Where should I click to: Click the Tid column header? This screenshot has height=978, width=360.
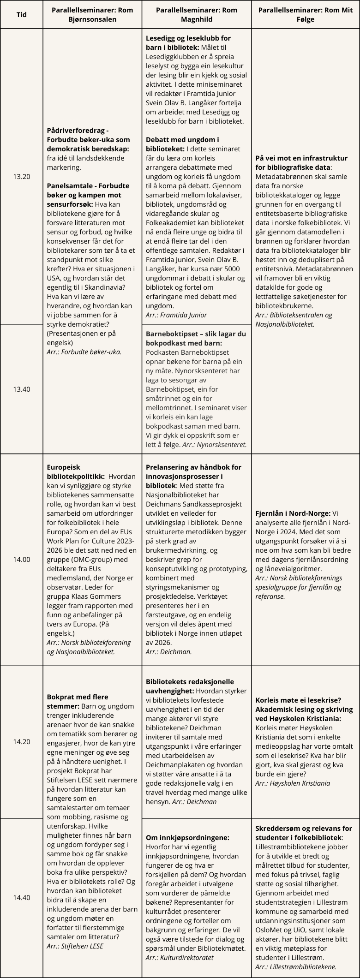click(21, 15)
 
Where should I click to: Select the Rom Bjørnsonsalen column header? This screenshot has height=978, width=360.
click(92, 15)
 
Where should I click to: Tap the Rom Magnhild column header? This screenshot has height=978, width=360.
click(197, 15)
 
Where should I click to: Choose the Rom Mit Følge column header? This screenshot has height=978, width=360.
click(305, 15)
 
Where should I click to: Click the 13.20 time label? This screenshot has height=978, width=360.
click(22, 176)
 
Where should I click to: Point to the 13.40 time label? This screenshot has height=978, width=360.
click(22, 389)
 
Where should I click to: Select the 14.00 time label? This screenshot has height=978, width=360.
click(22, 560)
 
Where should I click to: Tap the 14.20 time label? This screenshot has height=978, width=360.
click(22, 742)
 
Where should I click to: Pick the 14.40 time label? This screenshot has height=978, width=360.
click(22, 897)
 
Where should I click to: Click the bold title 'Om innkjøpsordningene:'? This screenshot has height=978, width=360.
click(187, 837)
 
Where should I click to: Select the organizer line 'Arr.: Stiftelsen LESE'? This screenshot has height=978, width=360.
click(75, 946)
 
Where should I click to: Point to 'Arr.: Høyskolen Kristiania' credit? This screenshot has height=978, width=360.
click(293, 783)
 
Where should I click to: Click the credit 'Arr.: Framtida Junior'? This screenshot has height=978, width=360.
click(176, 315)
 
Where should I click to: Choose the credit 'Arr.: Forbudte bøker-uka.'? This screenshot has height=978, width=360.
click(84, 352)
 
